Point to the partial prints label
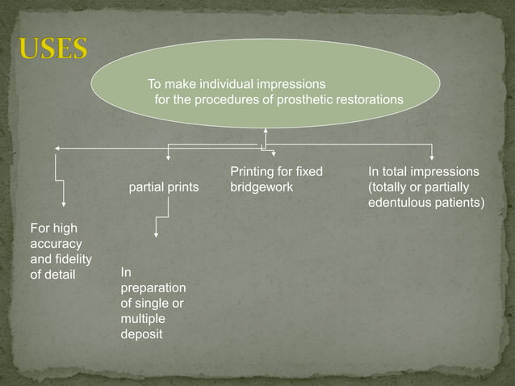(x=164, y=187)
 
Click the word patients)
(x=461, y=203)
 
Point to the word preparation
(x=153, y=288)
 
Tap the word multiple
(x=142, y=319)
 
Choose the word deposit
(x=141, y=334)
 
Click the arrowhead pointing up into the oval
(x=266, y=131)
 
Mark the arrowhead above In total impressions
(x=433, y=157)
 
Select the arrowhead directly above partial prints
(x=167, y=157)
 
